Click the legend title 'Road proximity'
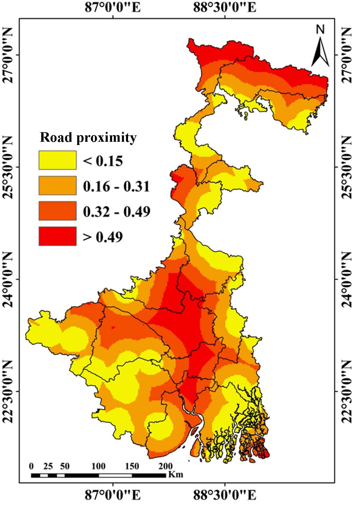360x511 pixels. [x=88, y=138]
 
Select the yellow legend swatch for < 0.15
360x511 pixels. [x=58, y=160]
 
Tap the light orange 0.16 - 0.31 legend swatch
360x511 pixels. [x=58, y=185]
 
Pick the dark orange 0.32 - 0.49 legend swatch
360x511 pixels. [x=58, y=211]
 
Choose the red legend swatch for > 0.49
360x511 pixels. [x=58, y=236]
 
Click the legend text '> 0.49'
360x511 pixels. [x=103, y=237]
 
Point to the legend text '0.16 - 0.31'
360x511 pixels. [x=116, y=186]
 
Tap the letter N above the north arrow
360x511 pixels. [x=320, y=29]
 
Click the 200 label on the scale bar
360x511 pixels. [x=165, y=466]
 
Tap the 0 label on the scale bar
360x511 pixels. [x=31, y=466]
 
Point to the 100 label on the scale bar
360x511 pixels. [x=98, y=466]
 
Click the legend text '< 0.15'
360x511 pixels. [x=103, y=161]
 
